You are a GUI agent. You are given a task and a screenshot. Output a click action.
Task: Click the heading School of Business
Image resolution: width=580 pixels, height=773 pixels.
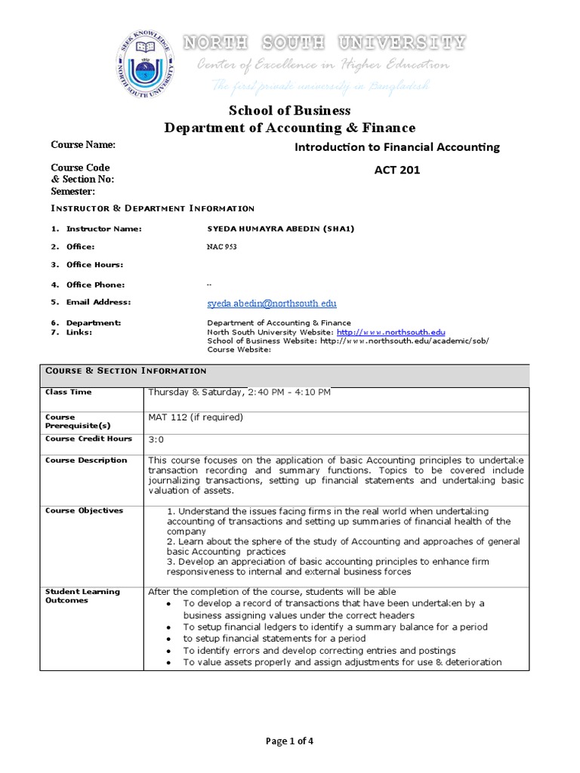tap(290, 110)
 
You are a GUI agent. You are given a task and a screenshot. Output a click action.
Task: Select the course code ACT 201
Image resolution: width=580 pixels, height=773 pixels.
tap(396, 170)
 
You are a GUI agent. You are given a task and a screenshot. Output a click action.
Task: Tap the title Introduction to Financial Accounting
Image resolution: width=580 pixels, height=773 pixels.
tap(396, 147)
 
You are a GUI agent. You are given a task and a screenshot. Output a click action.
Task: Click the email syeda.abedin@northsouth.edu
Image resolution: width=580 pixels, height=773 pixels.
tap(272, 303)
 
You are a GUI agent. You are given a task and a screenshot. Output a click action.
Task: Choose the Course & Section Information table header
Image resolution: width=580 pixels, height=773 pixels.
tap(125, 371)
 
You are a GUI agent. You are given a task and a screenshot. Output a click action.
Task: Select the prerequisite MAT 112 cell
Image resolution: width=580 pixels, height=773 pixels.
tap(196, 417)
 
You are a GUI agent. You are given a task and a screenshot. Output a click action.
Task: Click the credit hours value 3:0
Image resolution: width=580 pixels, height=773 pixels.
tap(156, 439)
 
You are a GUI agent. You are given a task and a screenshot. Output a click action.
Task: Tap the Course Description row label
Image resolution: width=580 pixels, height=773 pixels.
tap(86, 460)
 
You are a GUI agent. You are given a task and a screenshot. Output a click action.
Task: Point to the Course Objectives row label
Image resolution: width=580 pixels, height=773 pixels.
tap(84, 511)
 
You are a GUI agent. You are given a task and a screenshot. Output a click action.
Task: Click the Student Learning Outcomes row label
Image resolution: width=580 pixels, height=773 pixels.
tap(82, 596)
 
